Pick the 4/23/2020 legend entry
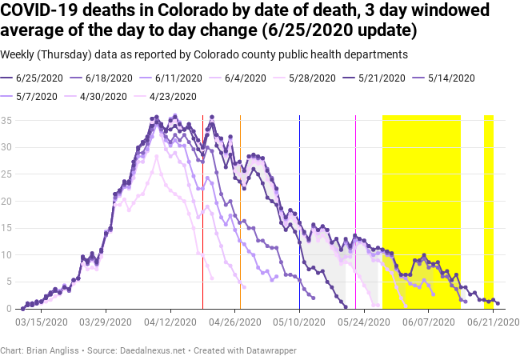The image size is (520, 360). (x=172, y=96)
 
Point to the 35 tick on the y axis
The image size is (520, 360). (x=6, y=120)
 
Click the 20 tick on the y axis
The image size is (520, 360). (x=6, y=201)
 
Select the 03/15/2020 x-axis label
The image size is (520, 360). (x=40, y=321)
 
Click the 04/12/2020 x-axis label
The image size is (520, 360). (x=170, y=321)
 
